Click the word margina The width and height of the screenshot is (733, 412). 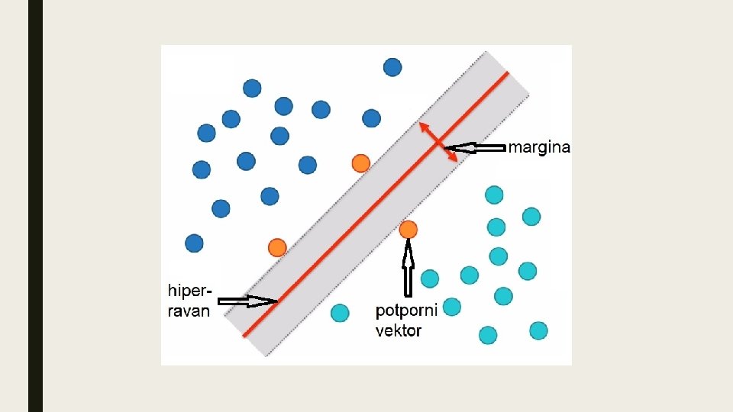click(x=539, y=147)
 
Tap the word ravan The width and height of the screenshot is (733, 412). click(x=189, y=311)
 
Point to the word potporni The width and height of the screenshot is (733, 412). click(x=406, y=311)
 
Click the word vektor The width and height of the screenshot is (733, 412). click(x=399, y=330)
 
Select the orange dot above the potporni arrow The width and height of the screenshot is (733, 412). click(x=408, y=229)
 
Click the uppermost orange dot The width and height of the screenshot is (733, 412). click(x=360, y=163)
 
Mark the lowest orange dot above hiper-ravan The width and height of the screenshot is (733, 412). click(x=277, y=247)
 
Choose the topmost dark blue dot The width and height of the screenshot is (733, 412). click(x=392, y=67)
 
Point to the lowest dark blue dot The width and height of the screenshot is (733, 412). click(x=194, y=243)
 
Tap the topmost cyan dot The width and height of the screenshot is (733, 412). click(x=494, y=195)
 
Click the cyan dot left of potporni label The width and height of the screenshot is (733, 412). click(x=340, y=313)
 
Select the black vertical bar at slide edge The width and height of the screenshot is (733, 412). click(x=35, y=206)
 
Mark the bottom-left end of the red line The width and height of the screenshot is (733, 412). click(x=245, y=334)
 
